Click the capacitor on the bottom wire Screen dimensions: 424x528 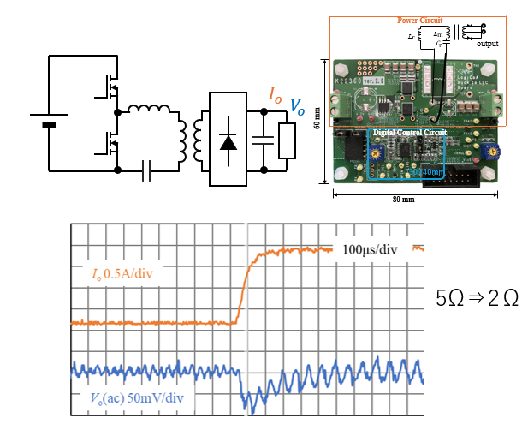pos(147,172)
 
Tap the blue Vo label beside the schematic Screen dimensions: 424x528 pos(297,106)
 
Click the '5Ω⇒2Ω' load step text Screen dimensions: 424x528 pos(477,300)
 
